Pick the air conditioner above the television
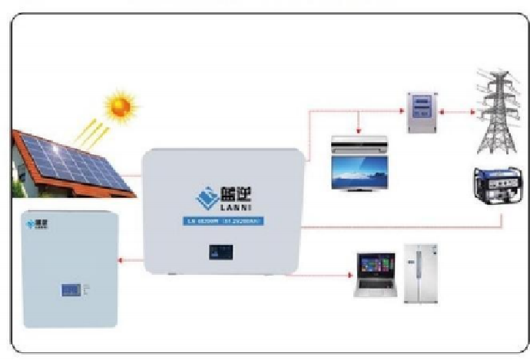(359, 144)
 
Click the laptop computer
(373, 274)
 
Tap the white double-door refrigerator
(421, 272)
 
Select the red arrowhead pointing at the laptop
(347, 275)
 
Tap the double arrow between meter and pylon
(451, 112)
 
